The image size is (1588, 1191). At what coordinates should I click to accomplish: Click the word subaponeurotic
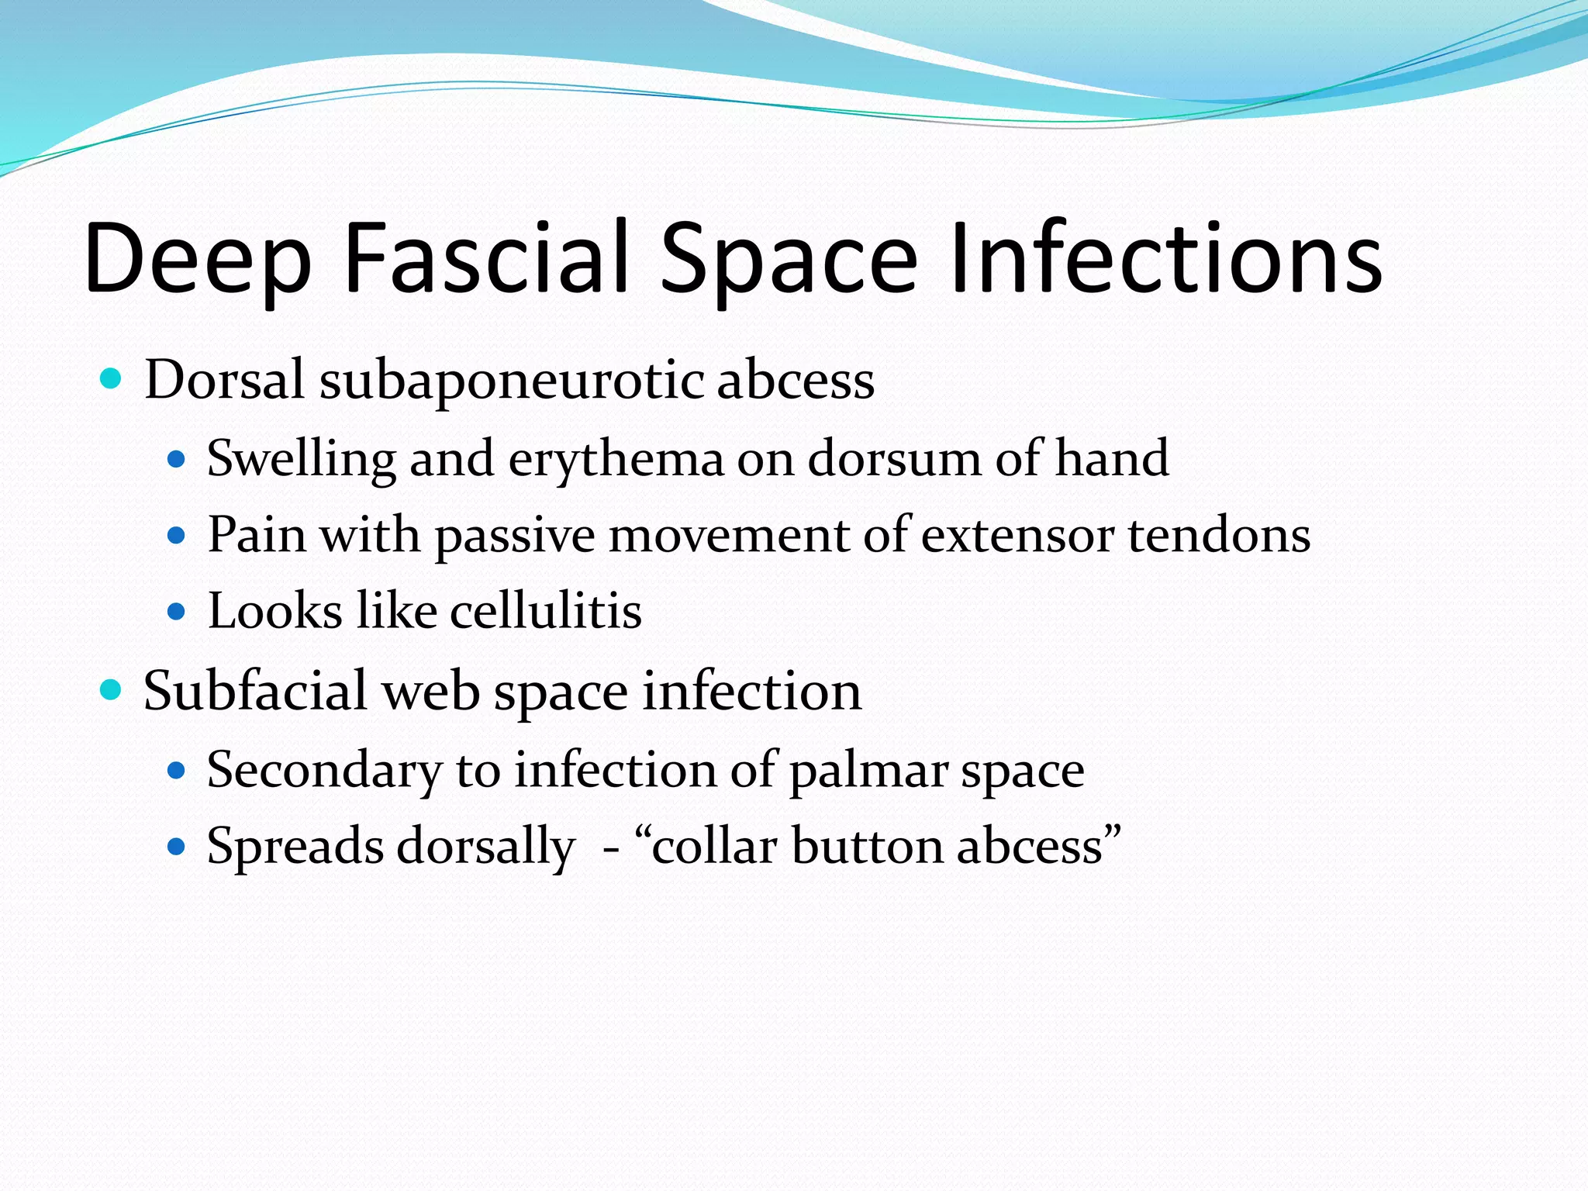tap(512, 381)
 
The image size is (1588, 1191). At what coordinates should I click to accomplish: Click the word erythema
tap(616, 459)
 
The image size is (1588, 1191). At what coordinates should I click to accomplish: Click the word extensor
tap(1017, 535)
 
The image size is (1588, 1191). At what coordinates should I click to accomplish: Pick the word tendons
tap(1219, 535)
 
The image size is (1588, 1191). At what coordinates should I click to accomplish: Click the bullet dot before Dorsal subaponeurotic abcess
tap(112, 379)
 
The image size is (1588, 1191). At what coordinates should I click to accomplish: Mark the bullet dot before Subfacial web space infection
tap(112, 689)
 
